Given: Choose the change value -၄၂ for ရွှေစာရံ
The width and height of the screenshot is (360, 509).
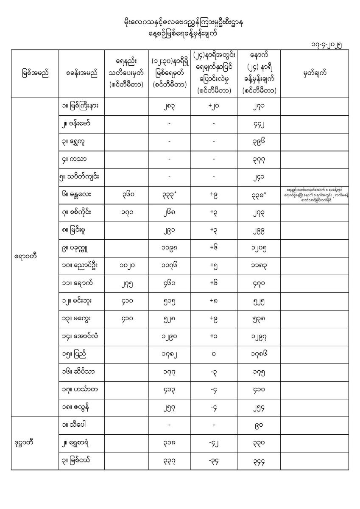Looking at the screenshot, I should coord(214,443).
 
